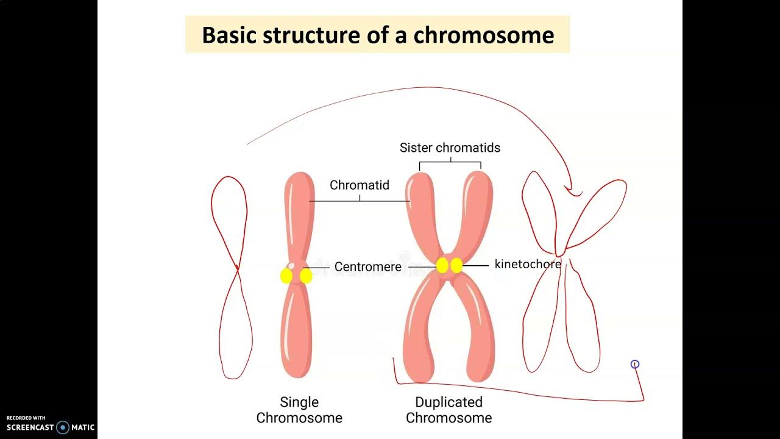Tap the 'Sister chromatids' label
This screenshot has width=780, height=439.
point(450,148)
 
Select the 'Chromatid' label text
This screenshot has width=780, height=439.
point(360,185)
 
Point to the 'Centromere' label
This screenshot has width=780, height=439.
point(368,267)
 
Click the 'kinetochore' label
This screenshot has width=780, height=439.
point(528,265)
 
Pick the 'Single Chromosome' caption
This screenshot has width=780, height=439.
point(299,410)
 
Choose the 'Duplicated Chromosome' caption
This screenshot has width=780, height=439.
point(449,410)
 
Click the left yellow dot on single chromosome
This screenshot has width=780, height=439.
point(286,276)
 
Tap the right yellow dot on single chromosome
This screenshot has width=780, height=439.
point(306,276)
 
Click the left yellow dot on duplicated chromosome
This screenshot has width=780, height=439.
point(443,266)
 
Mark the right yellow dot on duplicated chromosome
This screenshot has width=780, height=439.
point(456,266)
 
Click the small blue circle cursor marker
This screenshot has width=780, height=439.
point(635,364)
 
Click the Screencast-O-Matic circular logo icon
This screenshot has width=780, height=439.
point(63,427)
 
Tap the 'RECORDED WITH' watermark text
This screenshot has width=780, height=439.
point(26,418)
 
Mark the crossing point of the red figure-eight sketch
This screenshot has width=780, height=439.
point(236,268)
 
